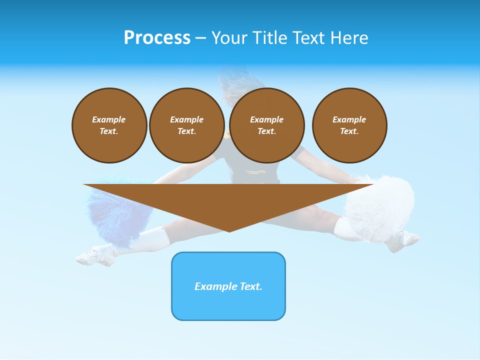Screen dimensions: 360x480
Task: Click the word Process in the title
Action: point(157,37)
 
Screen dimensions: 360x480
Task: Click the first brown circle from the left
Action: point(109,125)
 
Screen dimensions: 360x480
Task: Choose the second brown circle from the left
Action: point(187,125)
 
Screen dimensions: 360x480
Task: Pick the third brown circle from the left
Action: point(267,125)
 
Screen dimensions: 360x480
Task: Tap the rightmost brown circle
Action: point(349,125)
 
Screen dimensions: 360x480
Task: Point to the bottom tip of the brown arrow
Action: point(229,230)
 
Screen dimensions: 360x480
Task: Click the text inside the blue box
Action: point(228,286)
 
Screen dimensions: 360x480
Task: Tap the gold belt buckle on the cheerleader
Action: point(255,172)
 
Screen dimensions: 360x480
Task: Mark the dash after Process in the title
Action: point(201,38)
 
